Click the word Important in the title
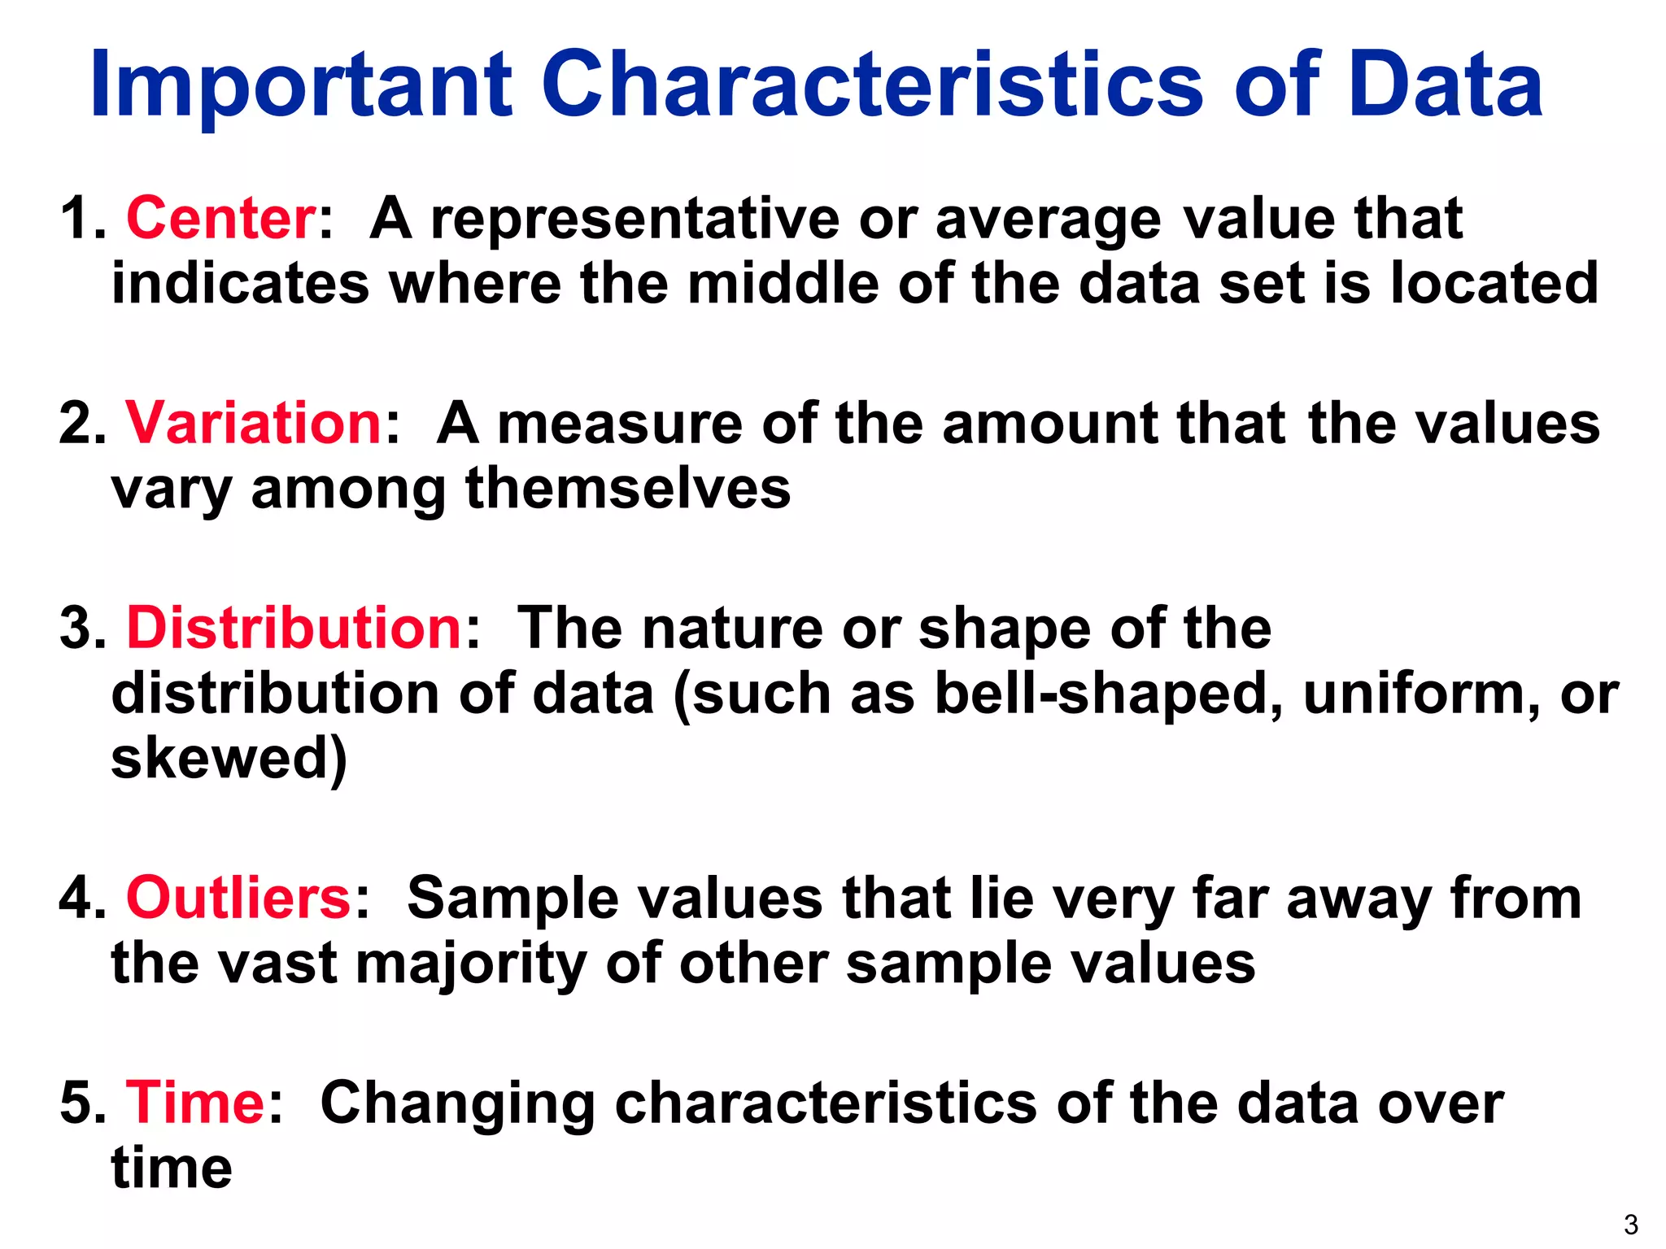301,85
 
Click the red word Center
220,219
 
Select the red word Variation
253,424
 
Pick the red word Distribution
294,629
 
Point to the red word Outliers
238,899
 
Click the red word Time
194,1103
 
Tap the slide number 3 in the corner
1630,1225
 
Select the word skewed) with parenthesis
229,759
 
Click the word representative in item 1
635,219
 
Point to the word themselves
627,489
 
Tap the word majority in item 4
471,965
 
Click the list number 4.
81,899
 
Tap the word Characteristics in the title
871,85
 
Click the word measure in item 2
619,424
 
